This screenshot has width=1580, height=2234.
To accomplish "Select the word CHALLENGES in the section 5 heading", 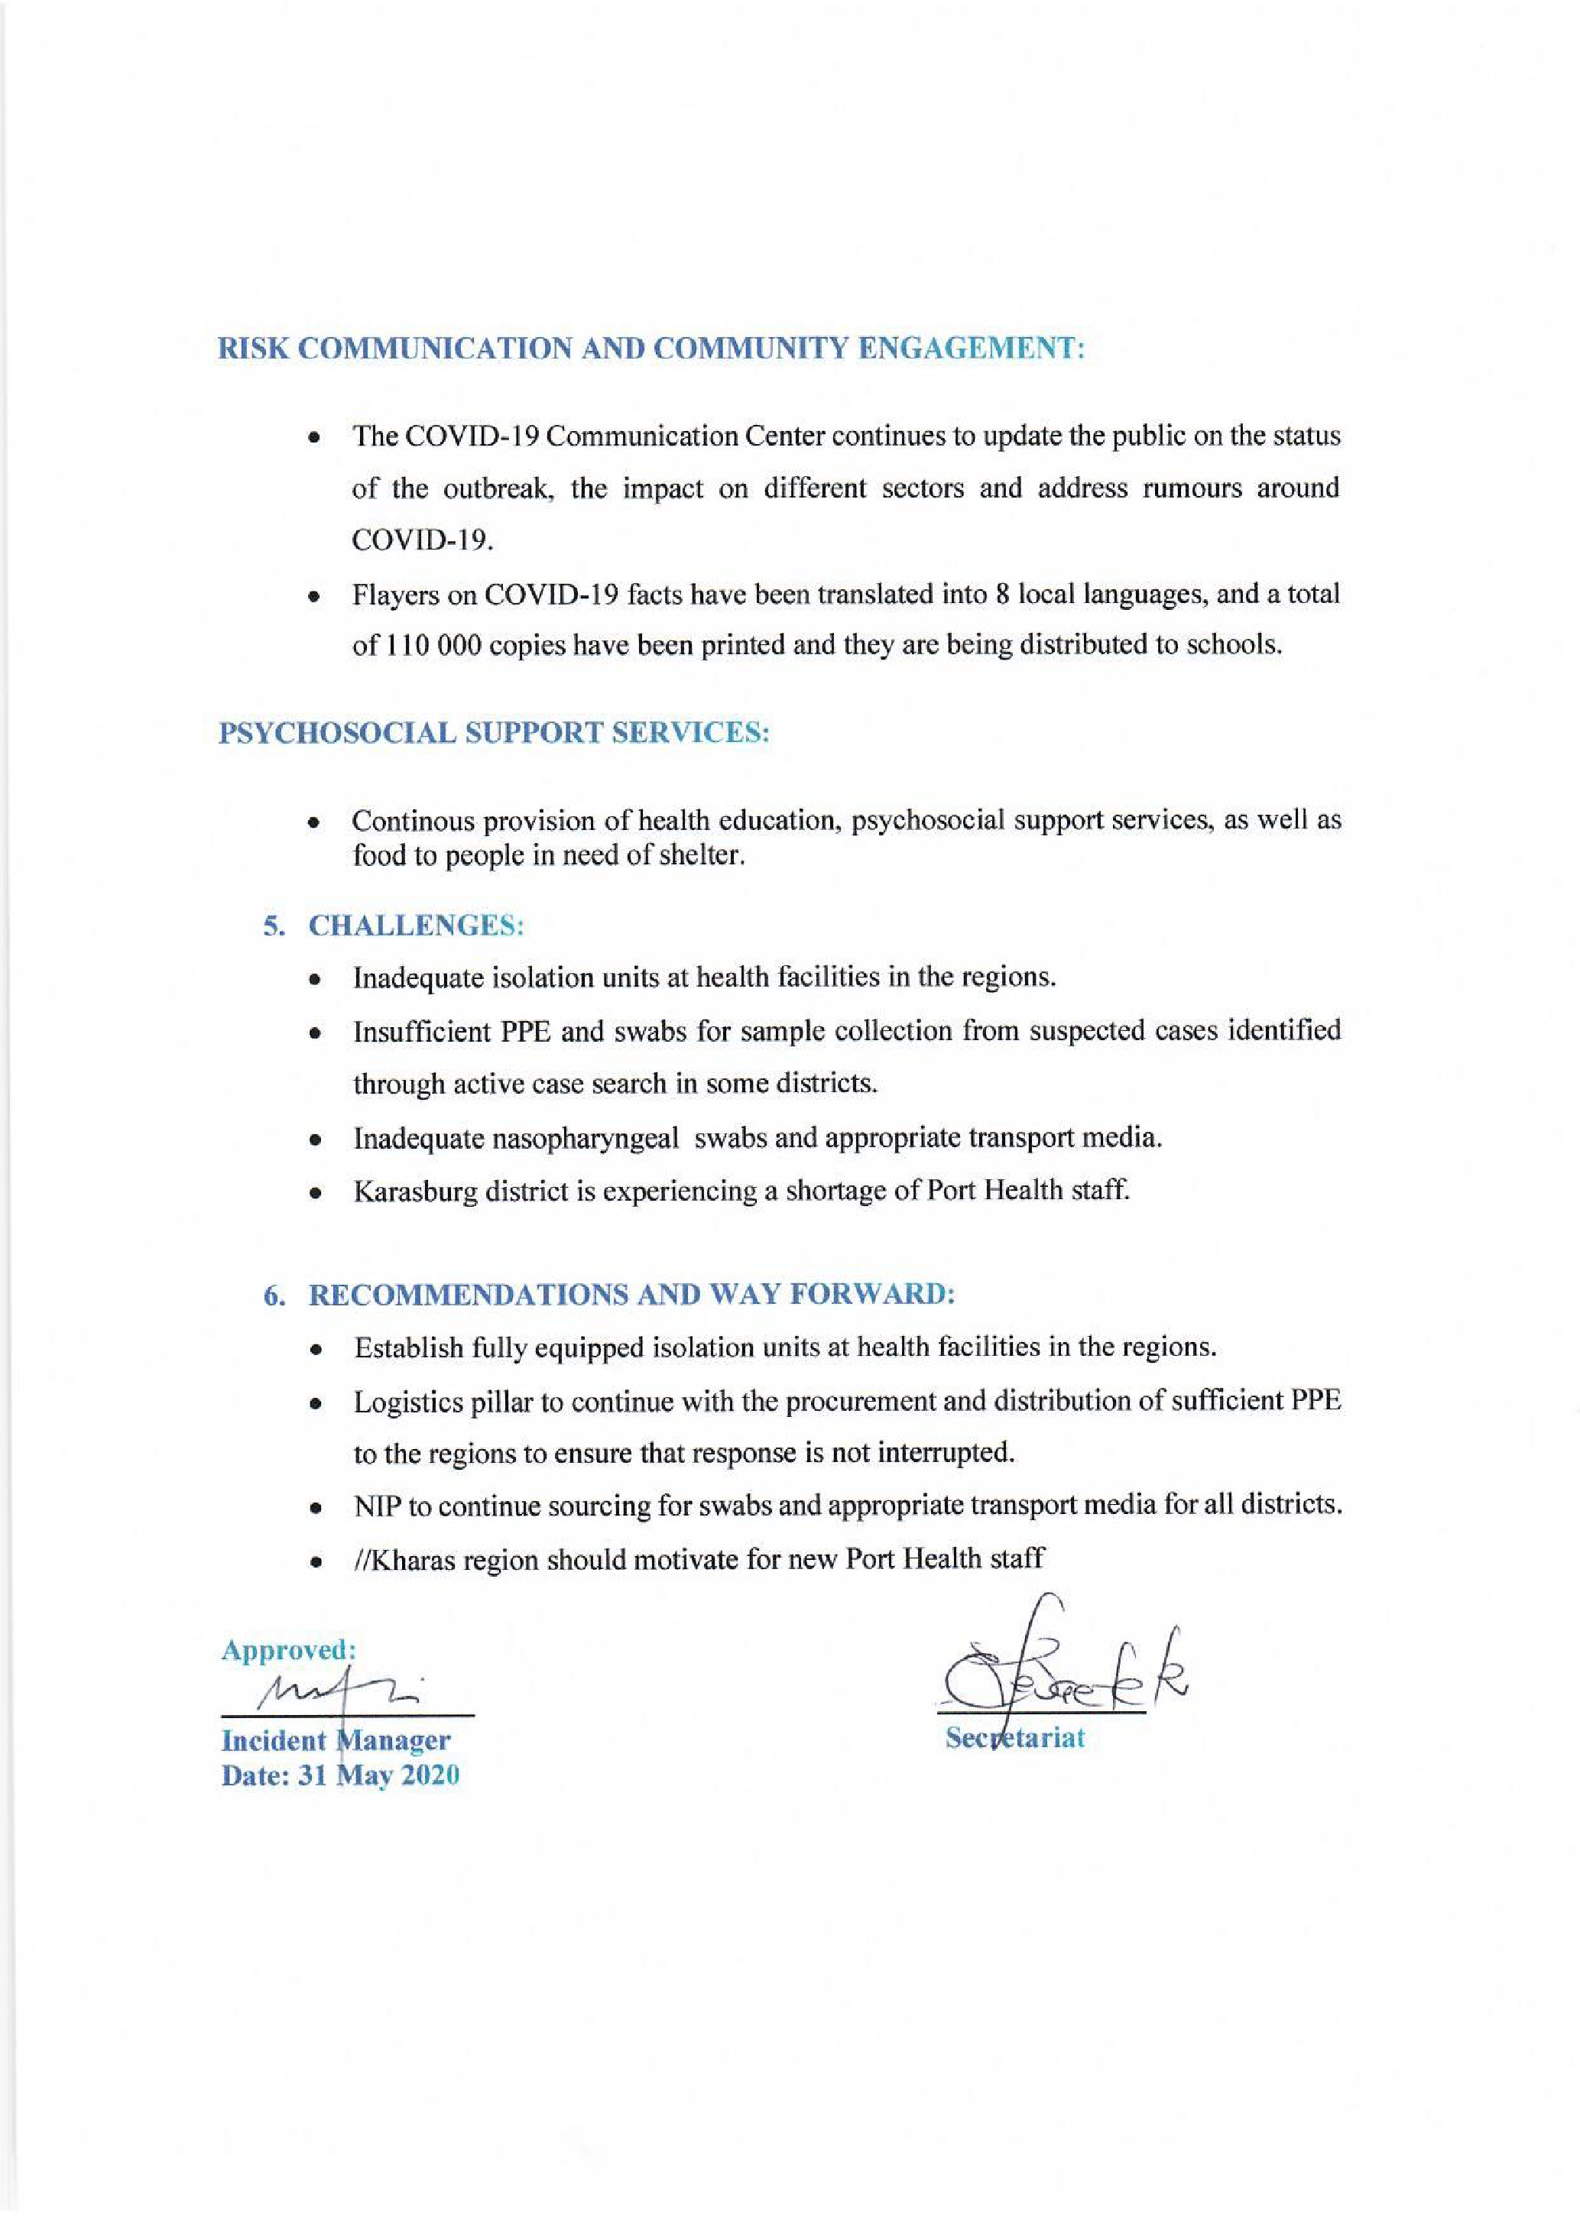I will coord(417,926).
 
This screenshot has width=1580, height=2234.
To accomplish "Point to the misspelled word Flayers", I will coord(394,595).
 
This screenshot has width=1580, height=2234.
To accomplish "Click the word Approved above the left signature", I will coord(288,1650).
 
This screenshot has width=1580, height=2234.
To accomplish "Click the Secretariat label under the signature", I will coord(1015,1738).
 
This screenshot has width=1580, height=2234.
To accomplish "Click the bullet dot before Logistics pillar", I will coord(314,1404).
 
